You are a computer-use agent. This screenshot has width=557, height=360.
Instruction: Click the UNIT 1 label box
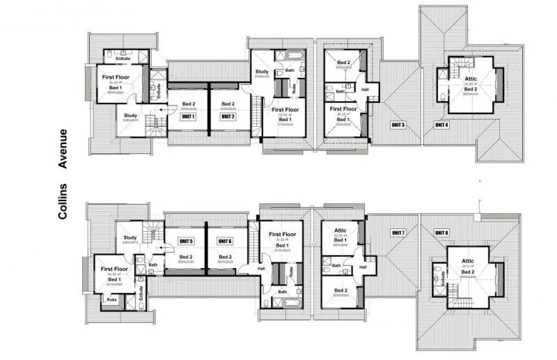pos(188,116)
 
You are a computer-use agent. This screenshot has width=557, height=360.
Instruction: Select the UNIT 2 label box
pos(228,116)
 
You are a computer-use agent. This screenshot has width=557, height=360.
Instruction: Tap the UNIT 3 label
pos(399,125)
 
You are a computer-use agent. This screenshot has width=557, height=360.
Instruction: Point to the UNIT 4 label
pos(441,125)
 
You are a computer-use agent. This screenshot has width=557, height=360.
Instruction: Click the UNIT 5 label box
pos(186,241)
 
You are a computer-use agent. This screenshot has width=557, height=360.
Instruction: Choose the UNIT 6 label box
pos(224,241)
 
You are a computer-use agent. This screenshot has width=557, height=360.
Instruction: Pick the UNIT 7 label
pos(398,232)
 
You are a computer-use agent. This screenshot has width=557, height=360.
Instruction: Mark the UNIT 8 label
pos(441,232)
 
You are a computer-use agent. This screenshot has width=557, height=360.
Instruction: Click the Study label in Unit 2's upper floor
pos(262,72)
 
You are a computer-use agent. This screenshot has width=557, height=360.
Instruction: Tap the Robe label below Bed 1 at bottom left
pos(111,299)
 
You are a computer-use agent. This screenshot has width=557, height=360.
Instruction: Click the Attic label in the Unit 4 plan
pos(471,79)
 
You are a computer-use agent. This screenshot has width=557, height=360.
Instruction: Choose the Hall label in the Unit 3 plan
pos(364,89)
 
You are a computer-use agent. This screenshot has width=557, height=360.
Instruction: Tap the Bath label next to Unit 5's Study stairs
pos(152,264)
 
